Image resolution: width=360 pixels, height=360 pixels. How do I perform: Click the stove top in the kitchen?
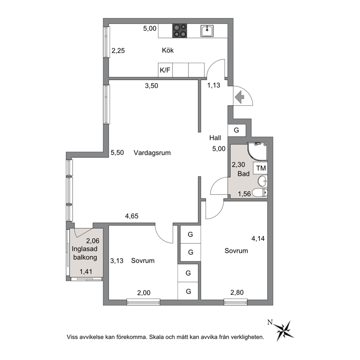coord(180,31)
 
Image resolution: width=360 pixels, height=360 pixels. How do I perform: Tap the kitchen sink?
coord(207,31)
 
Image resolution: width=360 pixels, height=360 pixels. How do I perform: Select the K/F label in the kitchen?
coord(165,70)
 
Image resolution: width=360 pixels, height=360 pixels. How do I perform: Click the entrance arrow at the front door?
coord(239,97)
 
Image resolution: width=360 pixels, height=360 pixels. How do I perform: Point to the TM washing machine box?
coord(261,168)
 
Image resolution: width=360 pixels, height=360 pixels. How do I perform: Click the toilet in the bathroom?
coord(260,193)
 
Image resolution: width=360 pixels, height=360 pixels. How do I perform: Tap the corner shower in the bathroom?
coord(258,152)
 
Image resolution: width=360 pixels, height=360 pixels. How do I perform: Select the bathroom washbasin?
coord(262,181)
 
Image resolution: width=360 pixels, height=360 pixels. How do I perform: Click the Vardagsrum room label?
coord(152,153)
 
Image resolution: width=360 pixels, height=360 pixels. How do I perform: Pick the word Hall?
coord(215,138)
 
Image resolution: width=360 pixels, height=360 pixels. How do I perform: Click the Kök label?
coord(168,50)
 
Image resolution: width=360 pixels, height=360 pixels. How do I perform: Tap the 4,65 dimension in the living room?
coord(132,216)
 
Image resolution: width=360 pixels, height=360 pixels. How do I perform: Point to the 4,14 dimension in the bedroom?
coord(258,238)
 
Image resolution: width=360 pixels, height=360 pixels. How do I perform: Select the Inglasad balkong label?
coord(85,253)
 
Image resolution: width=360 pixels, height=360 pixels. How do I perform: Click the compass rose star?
coord(284,331)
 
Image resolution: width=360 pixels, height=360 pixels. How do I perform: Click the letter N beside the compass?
coord(270,323)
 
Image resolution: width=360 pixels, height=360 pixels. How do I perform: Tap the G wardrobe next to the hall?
coord(237,130)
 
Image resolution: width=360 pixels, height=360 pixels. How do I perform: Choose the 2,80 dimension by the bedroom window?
coord(237,292)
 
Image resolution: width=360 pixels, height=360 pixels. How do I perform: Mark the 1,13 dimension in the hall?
coord(214,85)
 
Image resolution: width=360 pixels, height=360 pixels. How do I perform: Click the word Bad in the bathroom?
coord(244,174)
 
